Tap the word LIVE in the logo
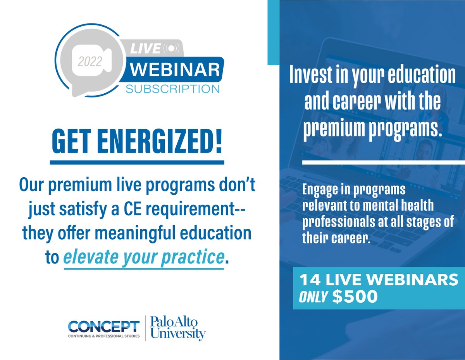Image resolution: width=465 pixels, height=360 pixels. tap(145, 49)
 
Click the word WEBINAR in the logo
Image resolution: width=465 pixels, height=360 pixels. tap(175, 70)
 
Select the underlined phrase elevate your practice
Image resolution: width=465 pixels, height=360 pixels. tap(144, 258)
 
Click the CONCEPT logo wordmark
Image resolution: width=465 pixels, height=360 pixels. tap(103, 326)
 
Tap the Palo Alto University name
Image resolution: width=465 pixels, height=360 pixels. tap(178, 328)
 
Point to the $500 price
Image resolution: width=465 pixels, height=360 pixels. tap(355, 297)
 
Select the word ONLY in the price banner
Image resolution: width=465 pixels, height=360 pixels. tap(314, 297)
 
